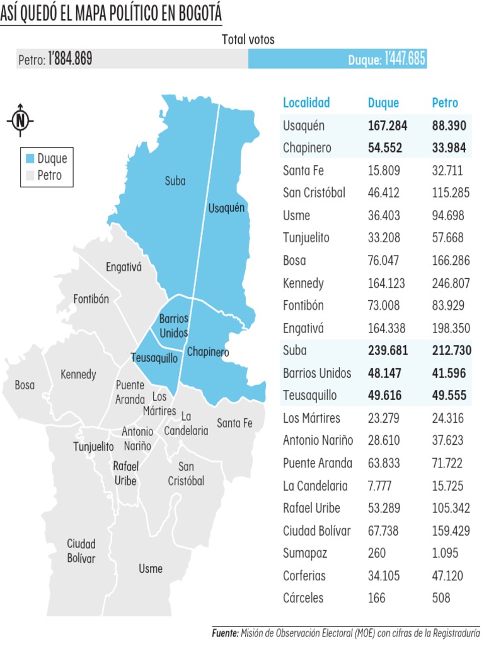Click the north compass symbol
click(21, 119)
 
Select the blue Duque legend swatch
click(29, 158)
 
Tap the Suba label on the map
click(175, 181)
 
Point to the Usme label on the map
click(151, 568)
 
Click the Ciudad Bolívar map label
click(81, 551)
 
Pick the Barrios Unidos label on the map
click(173, 326)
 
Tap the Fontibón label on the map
click(91, 298)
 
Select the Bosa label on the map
click(25, 384)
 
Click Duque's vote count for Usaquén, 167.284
click(388, 126)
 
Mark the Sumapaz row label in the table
click(305, 553)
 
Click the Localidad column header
click(306, 103)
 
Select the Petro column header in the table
click(445, 103)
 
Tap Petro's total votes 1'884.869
click(70, 60)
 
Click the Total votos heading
click(248, 39)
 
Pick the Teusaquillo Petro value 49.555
click(449, 396)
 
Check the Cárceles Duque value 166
click(377, 597)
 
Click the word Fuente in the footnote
click(224, 632)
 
